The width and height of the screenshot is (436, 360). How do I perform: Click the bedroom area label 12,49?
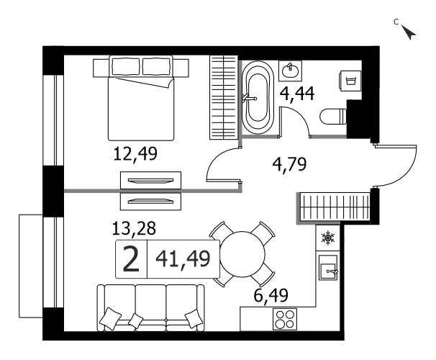point(135,154)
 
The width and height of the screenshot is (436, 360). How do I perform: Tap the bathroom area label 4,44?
point(297,94)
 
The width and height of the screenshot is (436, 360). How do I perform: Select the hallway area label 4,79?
point(289,164)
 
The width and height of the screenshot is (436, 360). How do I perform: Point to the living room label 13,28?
point(134,228)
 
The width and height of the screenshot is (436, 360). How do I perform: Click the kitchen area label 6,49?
point(271,295)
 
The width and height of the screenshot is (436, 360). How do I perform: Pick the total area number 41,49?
point(183,258)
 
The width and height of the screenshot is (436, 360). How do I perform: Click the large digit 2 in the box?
point(131,259)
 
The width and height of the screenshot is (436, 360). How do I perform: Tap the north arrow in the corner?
point(409,32)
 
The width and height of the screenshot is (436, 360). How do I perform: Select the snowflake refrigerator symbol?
point(328,238)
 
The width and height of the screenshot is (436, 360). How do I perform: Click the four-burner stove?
point(285,319)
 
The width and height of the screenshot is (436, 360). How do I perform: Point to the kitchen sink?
point(328,268)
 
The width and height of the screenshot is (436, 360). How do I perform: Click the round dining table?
point(242,254)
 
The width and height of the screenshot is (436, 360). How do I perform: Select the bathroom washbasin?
point(290,71)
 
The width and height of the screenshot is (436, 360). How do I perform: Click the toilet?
point(333,117)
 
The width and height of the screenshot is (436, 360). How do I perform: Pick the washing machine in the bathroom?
point(350,81)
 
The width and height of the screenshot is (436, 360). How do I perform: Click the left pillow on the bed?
point(126,66)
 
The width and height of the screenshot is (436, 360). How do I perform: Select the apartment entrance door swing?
point(396,166)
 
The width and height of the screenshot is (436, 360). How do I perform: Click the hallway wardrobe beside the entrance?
point(335,207)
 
